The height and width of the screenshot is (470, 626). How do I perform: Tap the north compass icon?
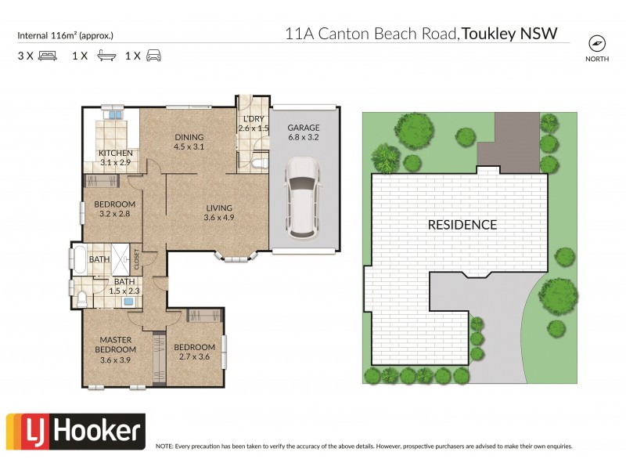[x=597, y=44]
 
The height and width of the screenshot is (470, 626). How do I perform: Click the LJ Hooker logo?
[x=75, y=431]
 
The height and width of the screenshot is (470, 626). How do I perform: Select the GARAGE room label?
[x=304, y=127]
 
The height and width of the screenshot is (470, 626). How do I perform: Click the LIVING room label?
[x=219, y=208]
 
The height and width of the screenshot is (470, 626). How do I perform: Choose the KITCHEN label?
[x=115, y=153]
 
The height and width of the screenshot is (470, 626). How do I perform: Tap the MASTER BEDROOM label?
[x=115, y=344]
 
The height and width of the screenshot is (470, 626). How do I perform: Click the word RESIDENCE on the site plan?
[x=462, y=225]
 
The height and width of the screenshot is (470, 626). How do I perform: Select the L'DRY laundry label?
[x=253, y=118]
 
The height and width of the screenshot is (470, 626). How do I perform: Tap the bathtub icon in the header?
[x=105, y=56]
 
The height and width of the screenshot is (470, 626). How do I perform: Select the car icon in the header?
[x=153, y=56]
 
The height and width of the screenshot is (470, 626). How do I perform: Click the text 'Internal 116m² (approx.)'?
[x=65, y=35]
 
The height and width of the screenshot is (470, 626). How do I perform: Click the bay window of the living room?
[x=236, y=255]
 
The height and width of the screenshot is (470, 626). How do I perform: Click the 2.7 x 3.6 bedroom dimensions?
[x=194, y=357]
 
